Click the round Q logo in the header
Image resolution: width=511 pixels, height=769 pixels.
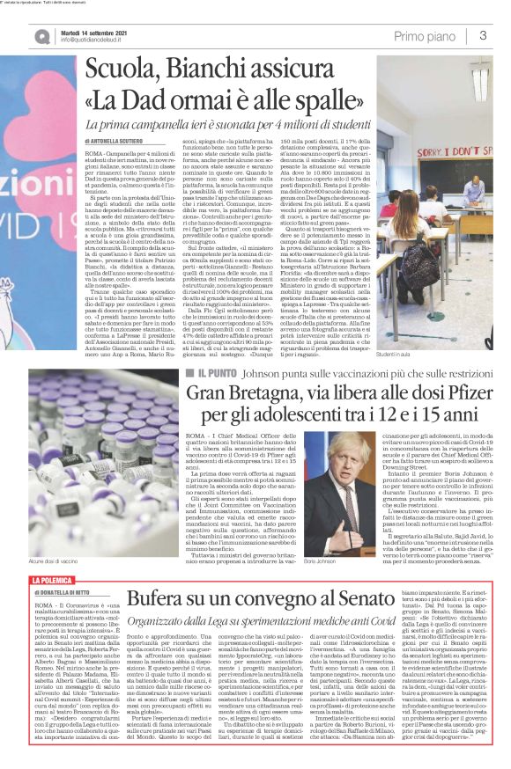point(41,34)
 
